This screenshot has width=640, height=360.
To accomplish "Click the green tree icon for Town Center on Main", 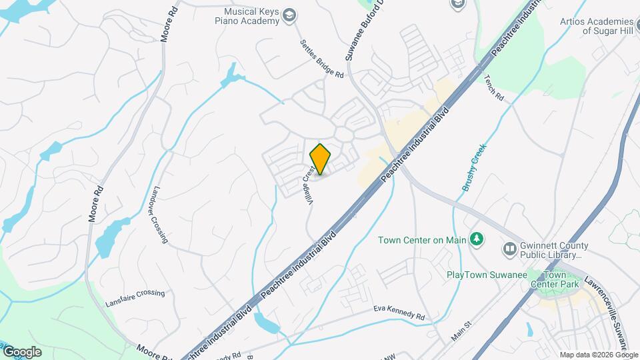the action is coord(476,239).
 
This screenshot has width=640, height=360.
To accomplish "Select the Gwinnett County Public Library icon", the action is coord(510,249).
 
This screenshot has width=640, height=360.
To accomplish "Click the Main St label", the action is coord(461,331).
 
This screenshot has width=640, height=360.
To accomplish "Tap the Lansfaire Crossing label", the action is coord(135,298).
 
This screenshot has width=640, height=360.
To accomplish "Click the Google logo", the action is coord(22,352).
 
